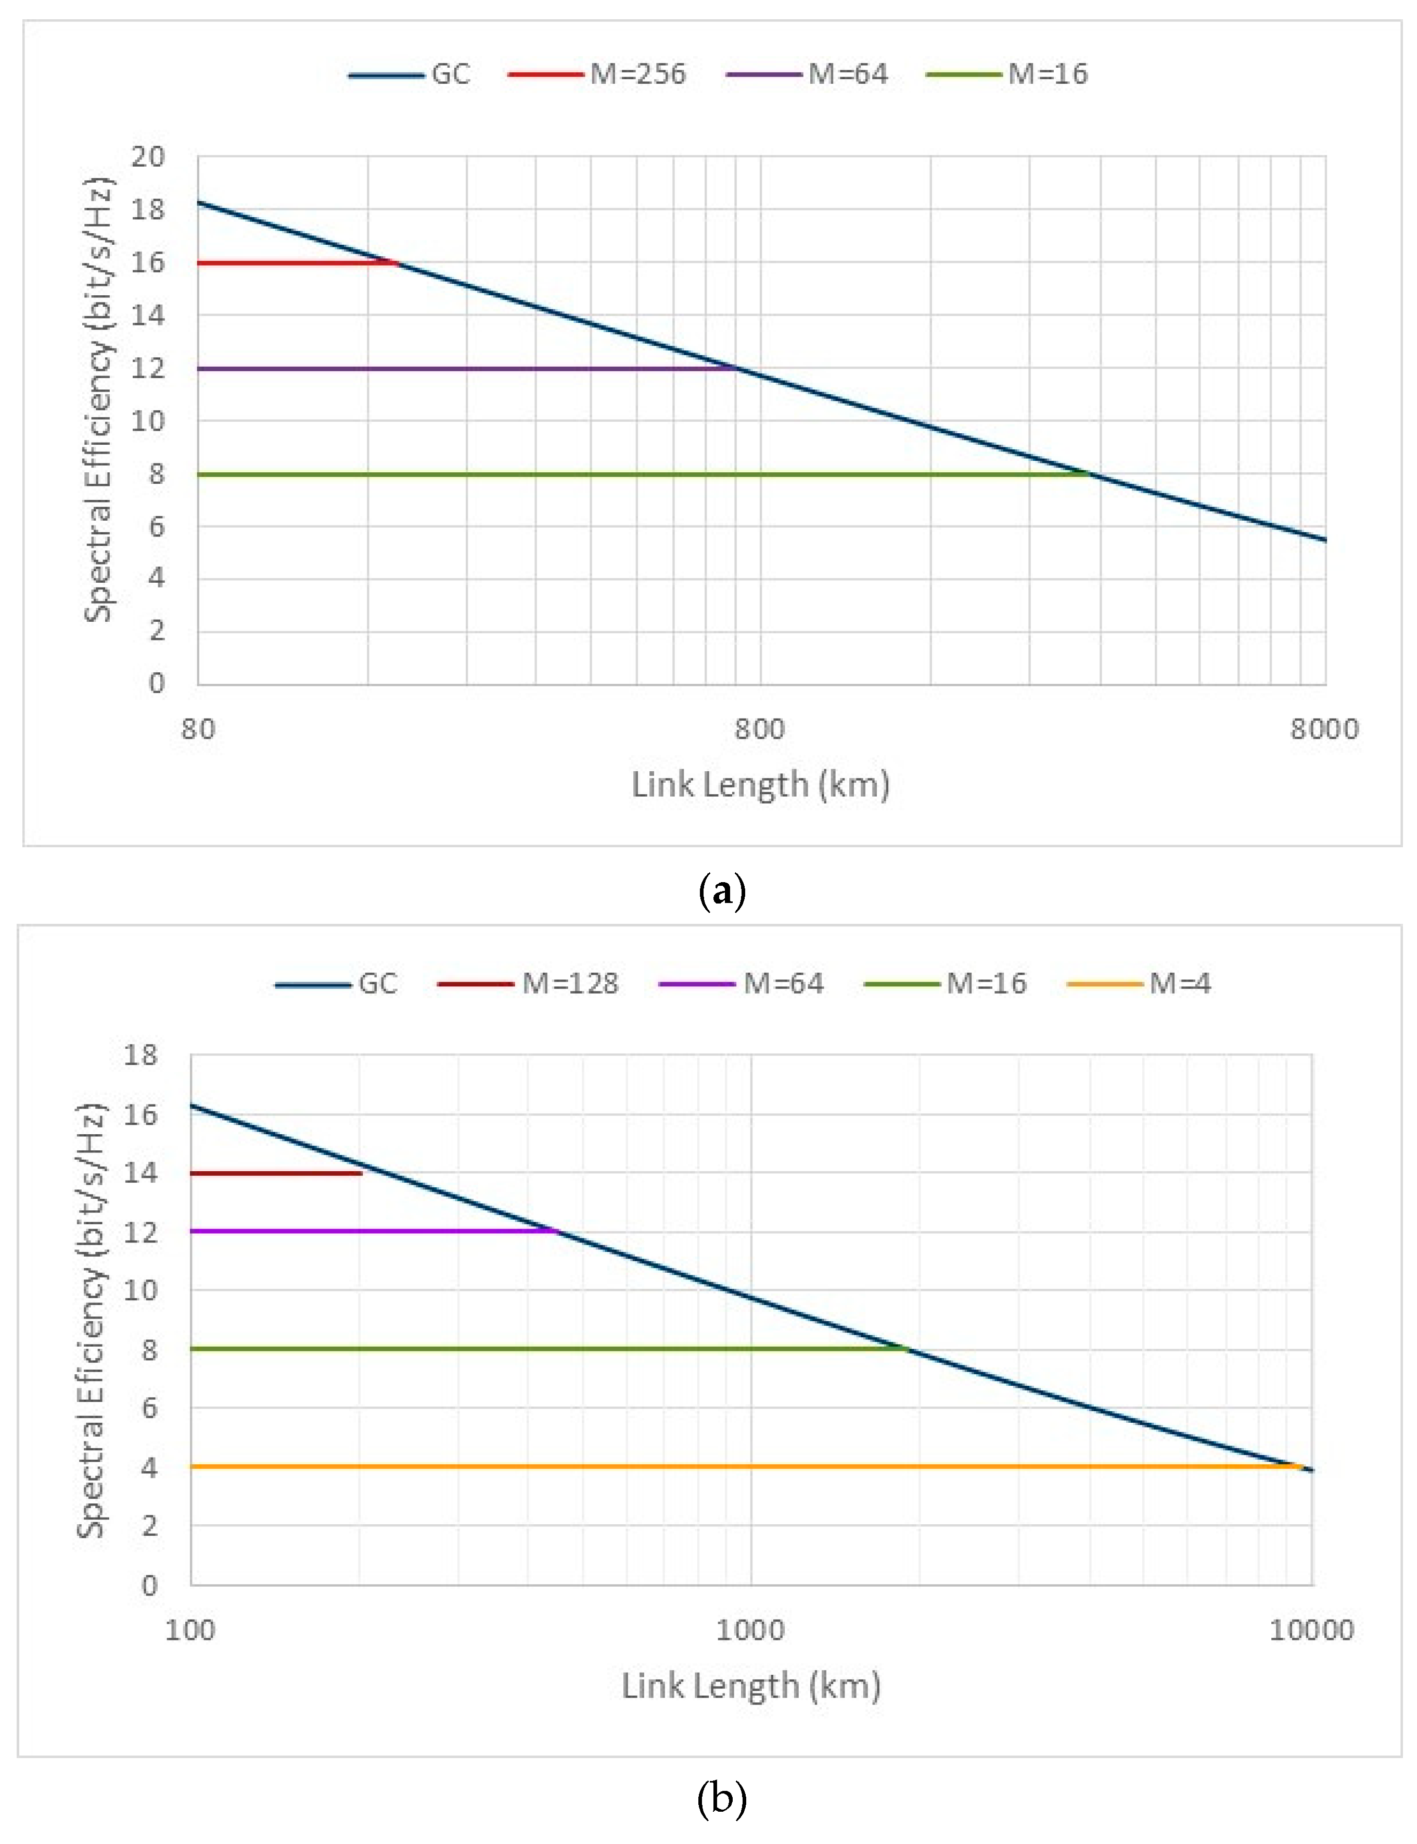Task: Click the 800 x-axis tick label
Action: tap(759, 729)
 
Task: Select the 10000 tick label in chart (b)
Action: tap(1311, 1629)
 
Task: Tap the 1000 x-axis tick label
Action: tap(750, 1629)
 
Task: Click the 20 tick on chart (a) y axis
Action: tap(148, 156)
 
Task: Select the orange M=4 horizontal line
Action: tap(675, 1467)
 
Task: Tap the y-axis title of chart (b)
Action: tap(91, 1320)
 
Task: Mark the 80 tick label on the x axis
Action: tap(198, 729)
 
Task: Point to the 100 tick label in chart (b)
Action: tap(190, 1629)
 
